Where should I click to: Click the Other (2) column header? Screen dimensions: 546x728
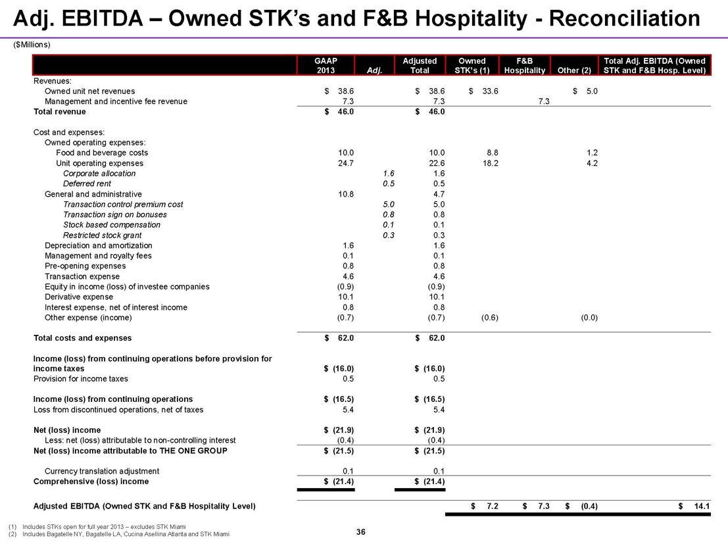[575, 70]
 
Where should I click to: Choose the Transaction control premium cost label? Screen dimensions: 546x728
[123, 205]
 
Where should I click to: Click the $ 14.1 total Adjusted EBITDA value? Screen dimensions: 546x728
[696, 507]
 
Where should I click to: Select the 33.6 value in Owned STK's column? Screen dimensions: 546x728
[487, 91]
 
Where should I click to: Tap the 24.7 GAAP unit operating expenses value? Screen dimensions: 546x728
[345, 163]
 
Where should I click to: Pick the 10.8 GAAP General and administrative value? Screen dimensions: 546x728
[345, 194]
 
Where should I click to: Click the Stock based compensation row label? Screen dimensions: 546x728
[111, 225]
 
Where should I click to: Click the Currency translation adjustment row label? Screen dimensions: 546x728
[101, 471]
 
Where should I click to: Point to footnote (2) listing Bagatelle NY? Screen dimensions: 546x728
[119, 535]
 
